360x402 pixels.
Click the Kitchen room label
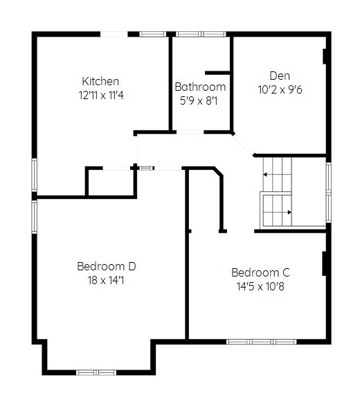click(100, 81)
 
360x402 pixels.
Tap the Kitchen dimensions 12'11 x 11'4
click(101, 96)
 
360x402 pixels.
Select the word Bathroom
click(200, 87)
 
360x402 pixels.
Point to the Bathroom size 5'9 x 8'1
click(199, 101)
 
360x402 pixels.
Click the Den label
click(280, 76)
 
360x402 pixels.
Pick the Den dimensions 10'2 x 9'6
click(280, 89)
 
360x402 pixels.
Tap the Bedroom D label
click(106, 266)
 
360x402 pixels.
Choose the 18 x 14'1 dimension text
click(106, 280)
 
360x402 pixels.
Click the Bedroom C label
click(260, 272)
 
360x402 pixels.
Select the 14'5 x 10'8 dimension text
click(260, 286)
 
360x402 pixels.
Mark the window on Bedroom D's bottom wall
click(96, 372)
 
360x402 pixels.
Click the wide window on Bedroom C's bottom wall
click(262, 342)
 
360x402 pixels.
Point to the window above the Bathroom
click(201, 34)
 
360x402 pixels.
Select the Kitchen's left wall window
click(35, 175)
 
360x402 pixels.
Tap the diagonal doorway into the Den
click(243, 144)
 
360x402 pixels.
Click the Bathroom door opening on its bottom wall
click(190, 132)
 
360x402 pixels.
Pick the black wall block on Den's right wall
click(324, 56)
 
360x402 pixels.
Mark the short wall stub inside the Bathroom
click(217, 73)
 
